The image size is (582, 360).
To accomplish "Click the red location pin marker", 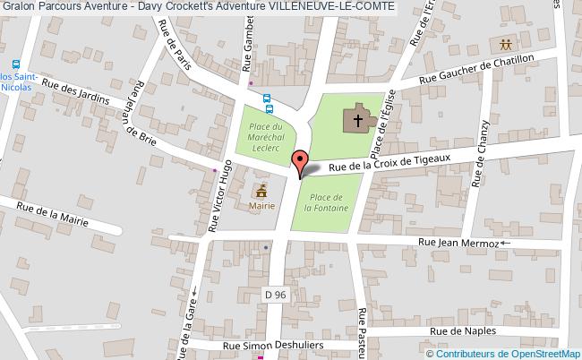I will click(x=302, y=162).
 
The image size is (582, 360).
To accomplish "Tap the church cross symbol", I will click(x=357, y=119).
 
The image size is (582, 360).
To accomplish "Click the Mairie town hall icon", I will click(x=262, y=190).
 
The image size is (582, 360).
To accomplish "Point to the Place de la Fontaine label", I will click(x=327, y=201).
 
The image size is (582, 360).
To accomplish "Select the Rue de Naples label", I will click(x=462, y=330).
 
